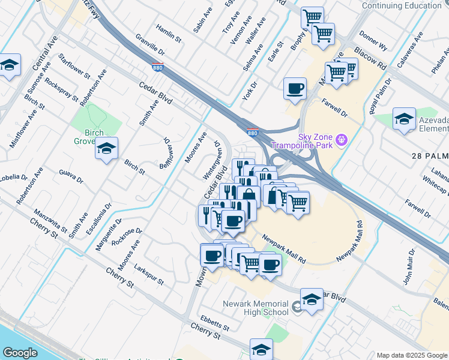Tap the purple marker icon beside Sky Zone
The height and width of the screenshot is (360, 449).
click(342, 141)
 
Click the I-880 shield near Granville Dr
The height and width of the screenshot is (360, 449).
click(157, 68)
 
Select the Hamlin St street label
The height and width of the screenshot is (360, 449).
click(169, 33)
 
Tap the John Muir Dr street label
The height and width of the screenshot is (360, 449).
click(408, 266)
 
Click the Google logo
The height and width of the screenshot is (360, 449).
click(20, 353)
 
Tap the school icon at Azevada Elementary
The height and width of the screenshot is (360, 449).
click(405, 119)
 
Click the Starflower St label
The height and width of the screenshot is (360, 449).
click(74, 67)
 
